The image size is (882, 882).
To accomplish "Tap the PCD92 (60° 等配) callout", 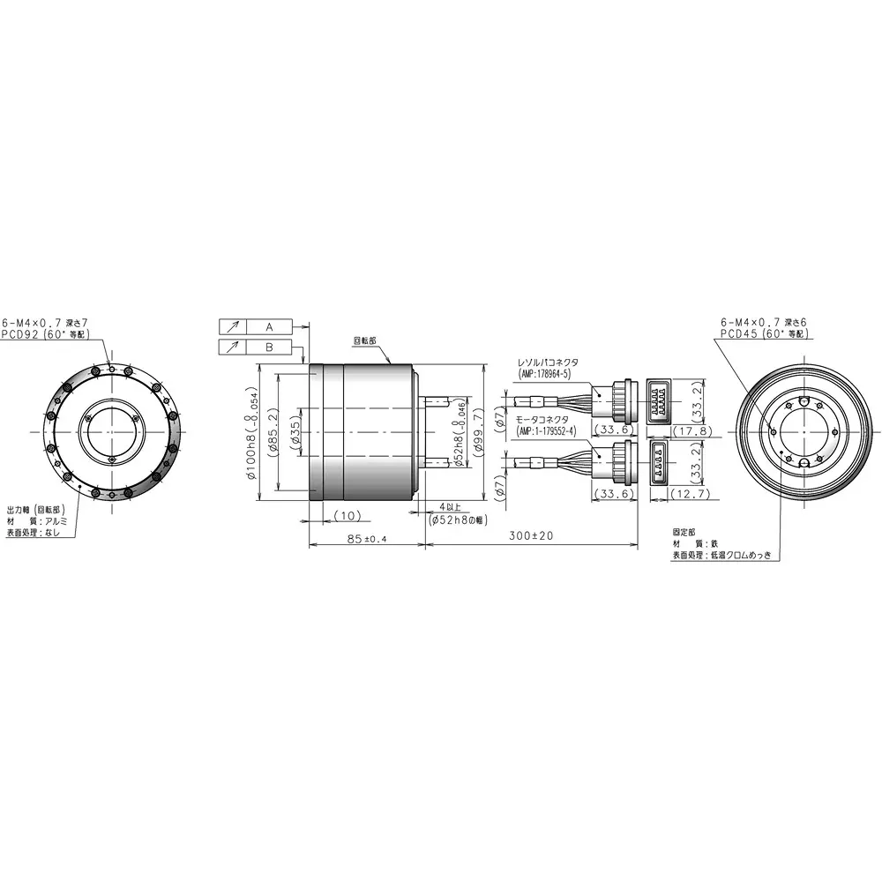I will point(45,334).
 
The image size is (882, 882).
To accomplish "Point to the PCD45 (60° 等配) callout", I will point(764,334).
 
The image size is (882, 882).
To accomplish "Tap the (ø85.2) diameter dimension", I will point(272,430).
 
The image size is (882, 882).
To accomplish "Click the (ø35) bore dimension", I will point(295,430).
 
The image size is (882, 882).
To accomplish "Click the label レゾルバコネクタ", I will point(548,362).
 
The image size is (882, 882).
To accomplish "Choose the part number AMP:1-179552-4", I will point(547,430).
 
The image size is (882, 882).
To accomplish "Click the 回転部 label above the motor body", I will point(364,339).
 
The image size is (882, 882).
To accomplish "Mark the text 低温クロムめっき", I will point(745,555).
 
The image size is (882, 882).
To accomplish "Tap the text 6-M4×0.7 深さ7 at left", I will point(45,322).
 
